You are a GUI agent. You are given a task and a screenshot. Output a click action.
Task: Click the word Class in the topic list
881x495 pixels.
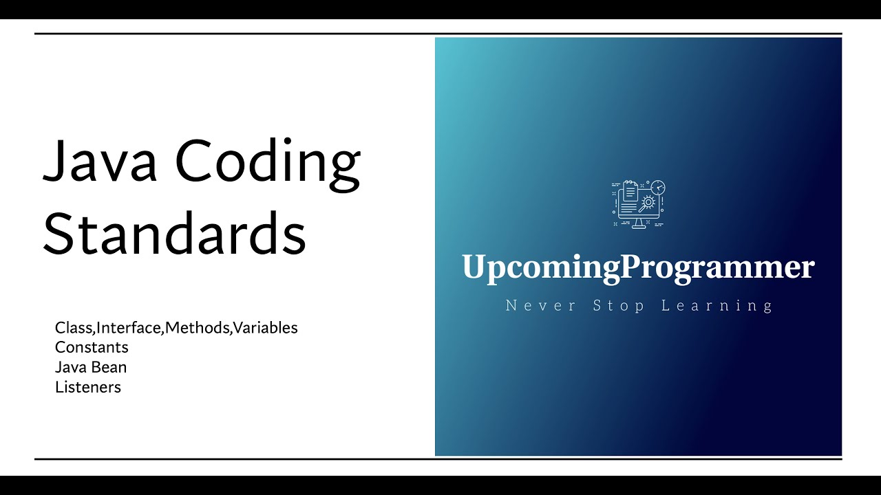[74, 328]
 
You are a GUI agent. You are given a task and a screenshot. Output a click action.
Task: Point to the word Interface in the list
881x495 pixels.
[129, 328]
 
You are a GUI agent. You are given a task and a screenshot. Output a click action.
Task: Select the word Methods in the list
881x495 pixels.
[198, 328]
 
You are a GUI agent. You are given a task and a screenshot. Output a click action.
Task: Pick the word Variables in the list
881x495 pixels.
[266, 328]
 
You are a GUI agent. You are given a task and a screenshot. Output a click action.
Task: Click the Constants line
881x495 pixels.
[92, 347]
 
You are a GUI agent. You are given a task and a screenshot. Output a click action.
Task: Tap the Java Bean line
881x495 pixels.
[91, 367]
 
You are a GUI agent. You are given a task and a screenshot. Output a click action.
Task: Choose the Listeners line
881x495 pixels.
[88, 387]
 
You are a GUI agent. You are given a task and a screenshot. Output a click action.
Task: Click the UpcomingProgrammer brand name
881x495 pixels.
[638, 267]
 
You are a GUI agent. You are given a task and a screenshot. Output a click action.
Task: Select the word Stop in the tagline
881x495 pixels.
[619, 305]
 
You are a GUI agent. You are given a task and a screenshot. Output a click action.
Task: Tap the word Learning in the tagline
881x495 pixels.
[717, 305]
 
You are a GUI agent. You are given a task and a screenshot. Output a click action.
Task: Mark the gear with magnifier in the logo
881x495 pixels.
[647, 203]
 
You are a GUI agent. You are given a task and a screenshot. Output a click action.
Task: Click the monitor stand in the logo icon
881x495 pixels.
[638, 223]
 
